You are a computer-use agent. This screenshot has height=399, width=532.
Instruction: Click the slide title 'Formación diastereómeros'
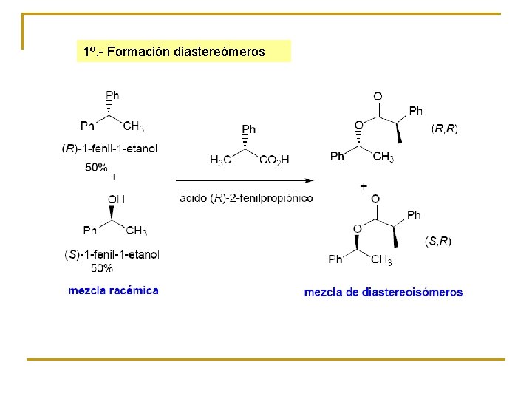click(x=185, y=52)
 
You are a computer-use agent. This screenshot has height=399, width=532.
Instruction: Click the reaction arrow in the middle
click(x=245, y=180)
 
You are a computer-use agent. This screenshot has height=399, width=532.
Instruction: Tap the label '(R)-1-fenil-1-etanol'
click(x=110, y=149)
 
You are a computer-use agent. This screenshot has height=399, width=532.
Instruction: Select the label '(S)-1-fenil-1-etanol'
click(x=112, y=255)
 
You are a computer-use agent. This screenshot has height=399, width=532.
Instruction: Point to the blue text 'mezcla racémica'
click(x=113, y=290)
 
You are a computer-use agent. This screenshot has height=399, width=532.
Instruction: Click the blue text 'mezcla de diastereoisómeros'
click(x=383, y=292)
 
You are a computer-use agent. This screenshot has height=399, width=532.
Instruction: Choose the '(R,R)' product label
click(x=444, y=129)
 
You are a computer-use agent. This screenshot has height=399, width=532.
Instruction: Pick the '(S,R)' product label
click(x=438, y=241)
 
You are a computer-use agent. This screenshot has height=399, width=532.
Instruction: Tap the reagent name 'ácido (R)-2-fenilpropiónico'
click(x=246, y=198)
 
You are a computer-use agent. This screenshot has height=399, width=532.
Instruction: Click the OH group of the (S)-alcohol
click(x=116, y=199)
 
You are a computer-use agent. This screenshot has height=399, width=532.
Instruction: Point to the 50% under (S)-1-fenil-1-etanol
click(x=103, y=267)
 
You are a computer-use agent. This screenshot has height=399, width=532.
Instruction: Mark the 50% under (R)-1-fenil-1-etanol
click(x=96, y=168)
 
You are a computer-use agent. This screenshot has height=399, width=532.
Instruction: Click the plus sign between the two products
click(x=364, y=187)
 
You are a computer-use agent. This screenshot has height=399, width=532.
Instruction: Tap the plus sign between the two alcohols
click(x=114, y=177)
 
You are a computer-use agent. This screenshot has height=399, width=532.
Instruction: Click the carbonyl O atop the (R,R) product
click(x=378, y=96)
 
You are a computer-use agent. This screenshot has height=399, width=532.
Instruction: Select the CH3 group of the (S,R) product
click(x=381, y=259)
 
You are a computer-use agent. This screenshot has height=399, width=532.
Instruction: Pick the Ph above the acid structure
click(x=249, y=129)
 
